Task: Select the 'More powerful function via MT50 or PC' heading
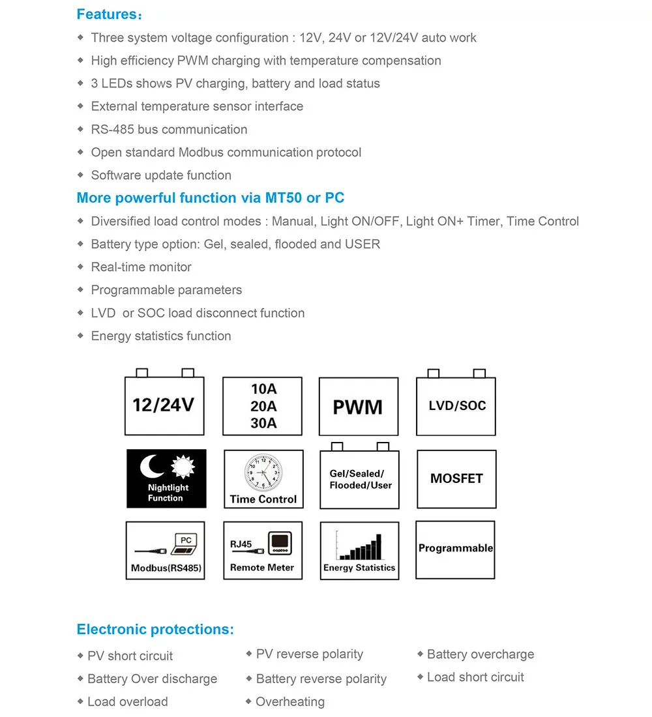coord(210,198)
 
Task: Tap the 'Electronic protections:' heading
coord(155,630)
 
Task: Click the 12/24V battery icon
coord(164,405)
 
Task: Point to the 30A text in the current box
coord(263,423)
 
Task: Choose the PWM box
coord(358,407)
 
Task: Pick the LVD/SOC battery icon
coord(456,405)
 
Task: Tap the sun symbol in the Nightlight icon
coord(183,466)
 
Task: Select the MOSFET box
coord(456,479)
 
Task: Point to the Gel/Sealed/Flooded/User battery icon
coord(361,479)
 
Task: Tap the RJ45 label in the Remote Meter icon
coord(241,544)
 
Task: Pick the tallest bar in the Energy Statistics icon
coord(377,547)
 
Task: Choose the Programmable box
coord(455,549)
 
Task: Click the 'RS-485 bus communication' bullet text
coord(169,130)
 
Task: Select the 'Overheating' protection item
coord(290,702)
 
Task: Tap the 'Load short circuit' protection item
coord(475,677)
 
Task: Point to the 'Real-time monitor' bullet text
coord(141,267)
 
